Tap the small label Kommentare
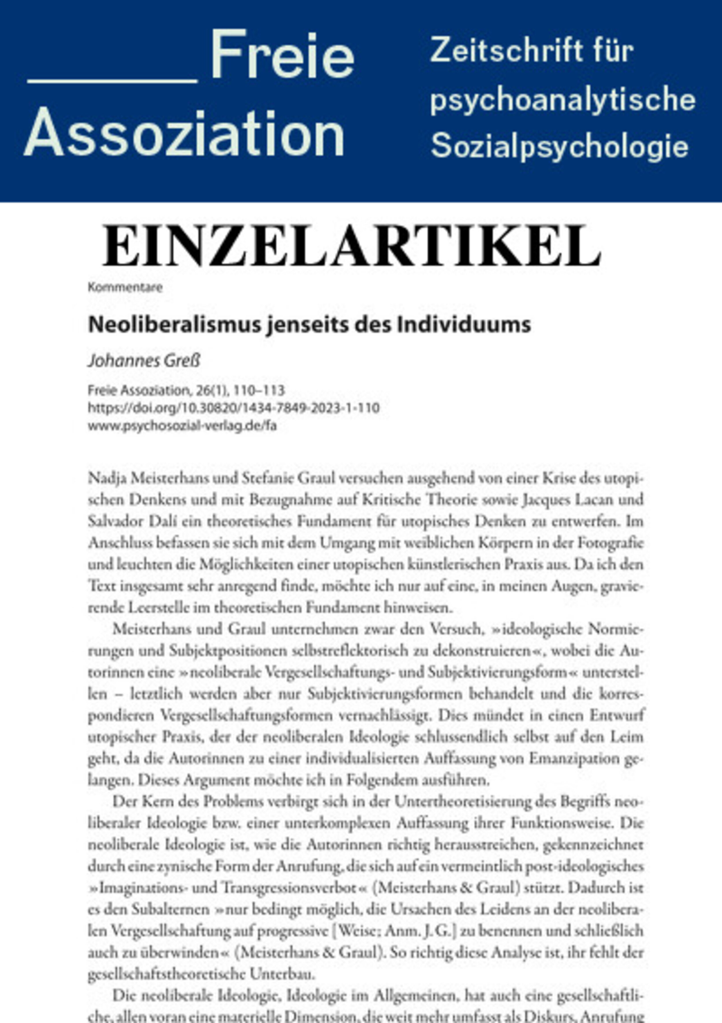click(125, 287)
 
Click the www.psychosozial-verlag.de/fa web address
click(182, 426)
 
